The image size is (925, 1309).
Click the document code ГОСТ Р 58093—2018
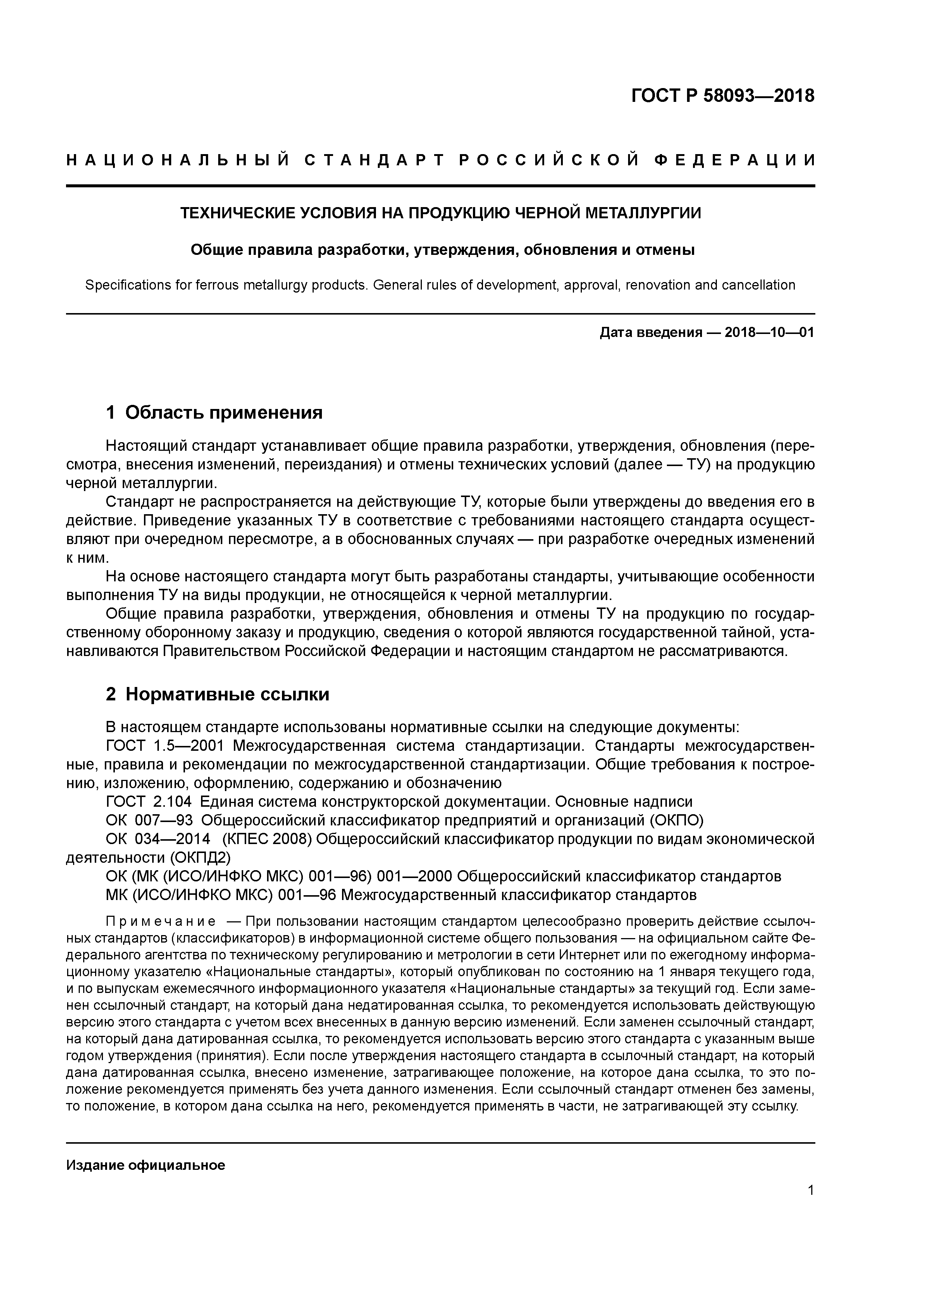point(723,96)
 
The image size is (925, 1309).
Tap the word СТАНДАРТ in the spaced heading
point(374,161)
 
